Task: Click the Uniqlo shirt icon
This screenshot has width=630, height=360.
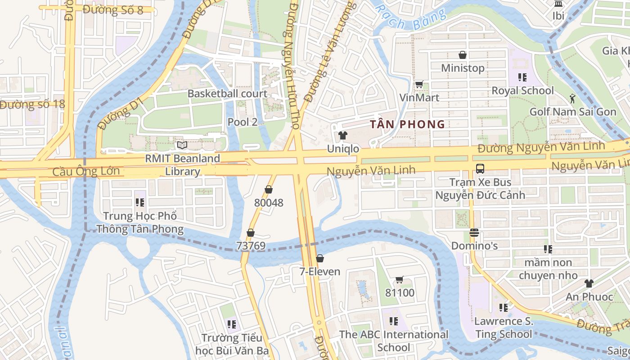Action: point(343,135)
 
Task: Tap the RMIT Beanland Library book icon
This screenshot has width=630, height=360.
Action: point(182,145)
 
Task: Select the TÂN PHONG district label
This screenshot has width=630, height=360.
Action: point(407,124)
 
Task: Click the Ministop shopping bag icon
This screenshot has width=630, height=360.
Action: point(462,55)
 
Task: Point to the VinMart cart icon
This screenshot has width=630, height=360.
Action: point(419,84)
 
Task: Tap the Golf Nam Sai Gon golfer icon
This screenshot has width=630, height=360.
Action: point(572,98)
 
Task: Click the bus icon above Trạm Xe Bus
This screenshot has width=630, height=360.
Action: point(480,169)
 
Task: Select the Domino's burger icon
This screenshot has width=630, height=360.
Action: point(474,233)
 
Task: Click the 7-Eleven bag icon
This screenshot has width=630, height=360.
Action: point(319,258)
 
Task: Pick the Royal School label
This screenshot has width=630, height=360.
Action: point(522,90)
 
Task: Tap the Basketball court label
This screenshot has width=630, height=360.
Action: point(227,94)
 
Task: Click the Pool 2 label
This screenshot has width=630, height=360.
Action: point(243,121)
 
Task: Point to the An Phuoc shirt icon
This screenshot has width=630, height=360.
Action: point(589,283)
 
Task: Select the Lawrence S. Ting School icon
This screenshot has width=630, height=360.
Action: point(503,308)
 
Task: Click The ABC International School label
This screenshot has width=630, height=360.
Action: point(394,341)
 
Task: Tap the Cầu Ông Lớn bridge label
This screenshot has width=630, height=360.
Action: point(86,171)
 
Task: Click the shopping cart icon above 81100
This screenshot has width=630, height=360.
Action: point(399,279)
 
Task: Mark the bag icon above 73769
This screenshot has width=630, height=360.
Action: point(250,233)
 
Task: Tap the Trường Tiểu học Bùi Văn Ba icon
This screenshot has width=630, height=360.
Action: point(232,324)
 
